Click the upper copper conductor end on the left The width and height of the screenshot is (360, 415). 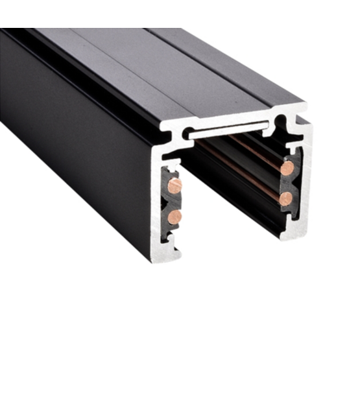click(174, 185)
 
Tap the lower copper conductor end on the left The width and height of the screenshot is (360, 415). click(174, 216)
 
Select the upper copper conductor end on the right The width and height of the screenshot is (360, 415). click(287, 168)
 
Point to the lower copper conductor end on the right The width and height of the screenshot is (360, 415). click(286, 198)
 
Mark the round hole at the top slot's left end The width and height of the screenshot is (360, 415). click(187, 134)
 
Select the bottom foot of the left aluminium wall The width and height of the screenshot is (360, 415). click(167, 254)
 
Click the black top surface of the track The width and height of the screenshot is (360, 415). click(162, 71)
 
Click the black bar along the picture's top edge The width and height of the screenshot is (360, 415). click(180, 13)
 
